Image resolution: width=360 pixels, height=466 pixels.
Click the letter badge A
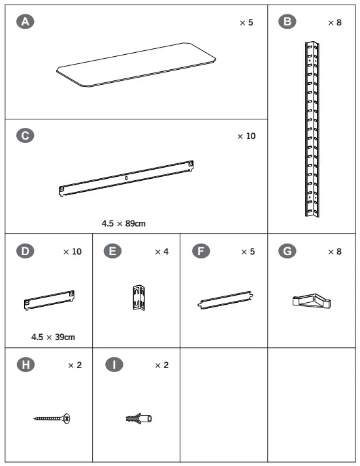[25, 22]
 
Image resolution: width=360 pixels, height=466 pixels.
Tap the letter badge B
[286, 22]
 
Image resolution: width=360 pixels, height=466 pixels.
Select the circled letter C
[25, 136]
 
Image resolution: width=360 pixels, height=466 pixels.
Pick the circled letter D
[25, 251]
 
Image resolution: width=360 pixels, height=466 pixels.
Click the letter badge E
[112, 251]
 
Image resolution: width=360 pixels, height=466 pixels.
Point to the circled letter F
[201, 251]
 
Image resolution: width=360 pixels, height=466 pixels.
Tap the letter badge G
[286, 251]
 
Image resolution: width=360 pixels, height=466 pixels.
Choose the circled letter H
[25, 365]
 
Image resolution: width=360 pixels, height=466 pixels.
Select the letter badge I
[112, 365]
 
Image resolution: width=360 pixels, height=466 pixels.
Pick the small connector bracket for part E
[138, 298]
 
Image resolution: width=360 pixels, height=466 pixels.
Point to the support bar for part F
[225, 300]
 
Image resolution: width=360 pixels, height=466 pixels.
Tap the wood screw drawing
[52, 418]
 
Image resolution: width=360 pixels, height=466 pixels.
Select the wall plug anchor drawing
[138, 418]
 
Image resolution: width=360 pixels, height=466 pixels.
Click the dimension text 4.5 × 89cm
[123, 223]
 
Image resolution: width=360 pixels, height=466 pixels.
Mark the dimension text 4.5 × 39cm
[52, 337]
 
